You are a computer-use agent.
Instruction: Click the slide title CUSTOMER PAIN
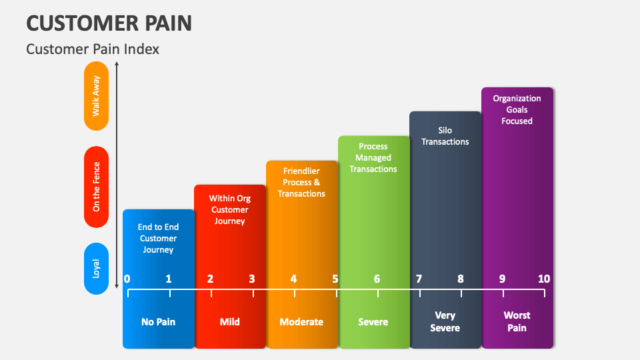coord(109,22)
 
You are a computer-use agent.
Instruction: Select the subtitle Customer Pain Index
coord(92,49)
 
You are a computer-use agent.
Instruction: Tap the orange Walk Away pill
coord(97,96)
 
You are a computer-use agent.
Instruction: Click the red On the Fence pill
coord(97,187)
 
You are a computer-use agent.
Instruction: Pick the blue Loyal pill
coord(97,268)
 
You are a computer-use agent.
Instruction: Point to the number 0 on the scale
coord(127,279)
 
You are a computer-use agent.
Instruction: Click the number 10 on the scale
coord(544,279)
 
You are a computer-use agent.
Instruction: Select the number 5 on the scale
coord(335,279)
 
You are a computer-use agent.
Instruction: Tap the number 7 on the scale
coord(419,279)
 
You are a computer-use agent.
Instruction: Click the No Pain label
coord(158,322)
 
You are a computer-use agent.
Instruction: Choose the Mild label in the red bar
coord(230,322)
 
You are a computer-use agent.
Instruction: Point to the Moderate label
coord(301,322)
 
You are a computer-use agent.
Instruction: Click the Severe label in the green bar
coord(373,322)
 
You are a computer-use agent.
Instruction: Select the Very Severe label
coord(445,321)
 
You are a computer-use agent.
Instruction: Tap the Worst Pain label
coord(517,321)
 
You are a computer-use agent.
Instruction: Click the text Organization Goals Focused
coord(517,109)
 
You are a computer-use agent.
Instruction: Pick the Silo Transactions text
coord(445,136)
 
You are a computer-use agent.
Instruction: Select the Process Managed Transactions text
coord(373,158)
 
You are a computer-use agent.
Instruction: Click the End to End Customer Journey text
coord(158,238)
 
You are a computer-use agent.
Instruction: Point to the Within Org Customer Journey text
coord(230,209)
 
